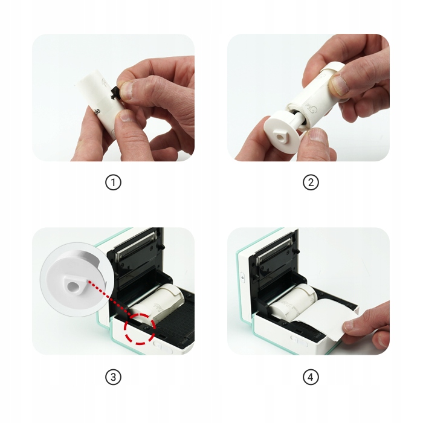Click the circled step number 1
click(x=113, y=182)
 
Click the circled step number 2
click(x=311, y=182)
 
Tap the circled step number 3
click(x=113, y=377)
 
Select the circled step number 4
click(x=311, y=377)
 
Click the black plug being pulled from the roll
click(x=115, y=94)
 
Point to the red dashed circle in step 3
click(x=140, y=329)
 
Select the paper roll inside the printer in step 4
click(x=292, y=302)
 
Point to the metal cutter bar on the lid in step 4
click(x=274, y=250)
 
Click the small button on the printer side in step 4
click(x=242, y=278)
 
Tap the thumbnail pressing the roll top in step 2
click(x=339, y=85)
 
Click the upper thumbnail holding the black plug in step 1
click(x=127, y=91)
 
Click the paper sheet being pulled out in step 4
click(x=328, y=318)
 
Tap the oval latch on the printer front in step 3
click(x=164, y=346)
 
